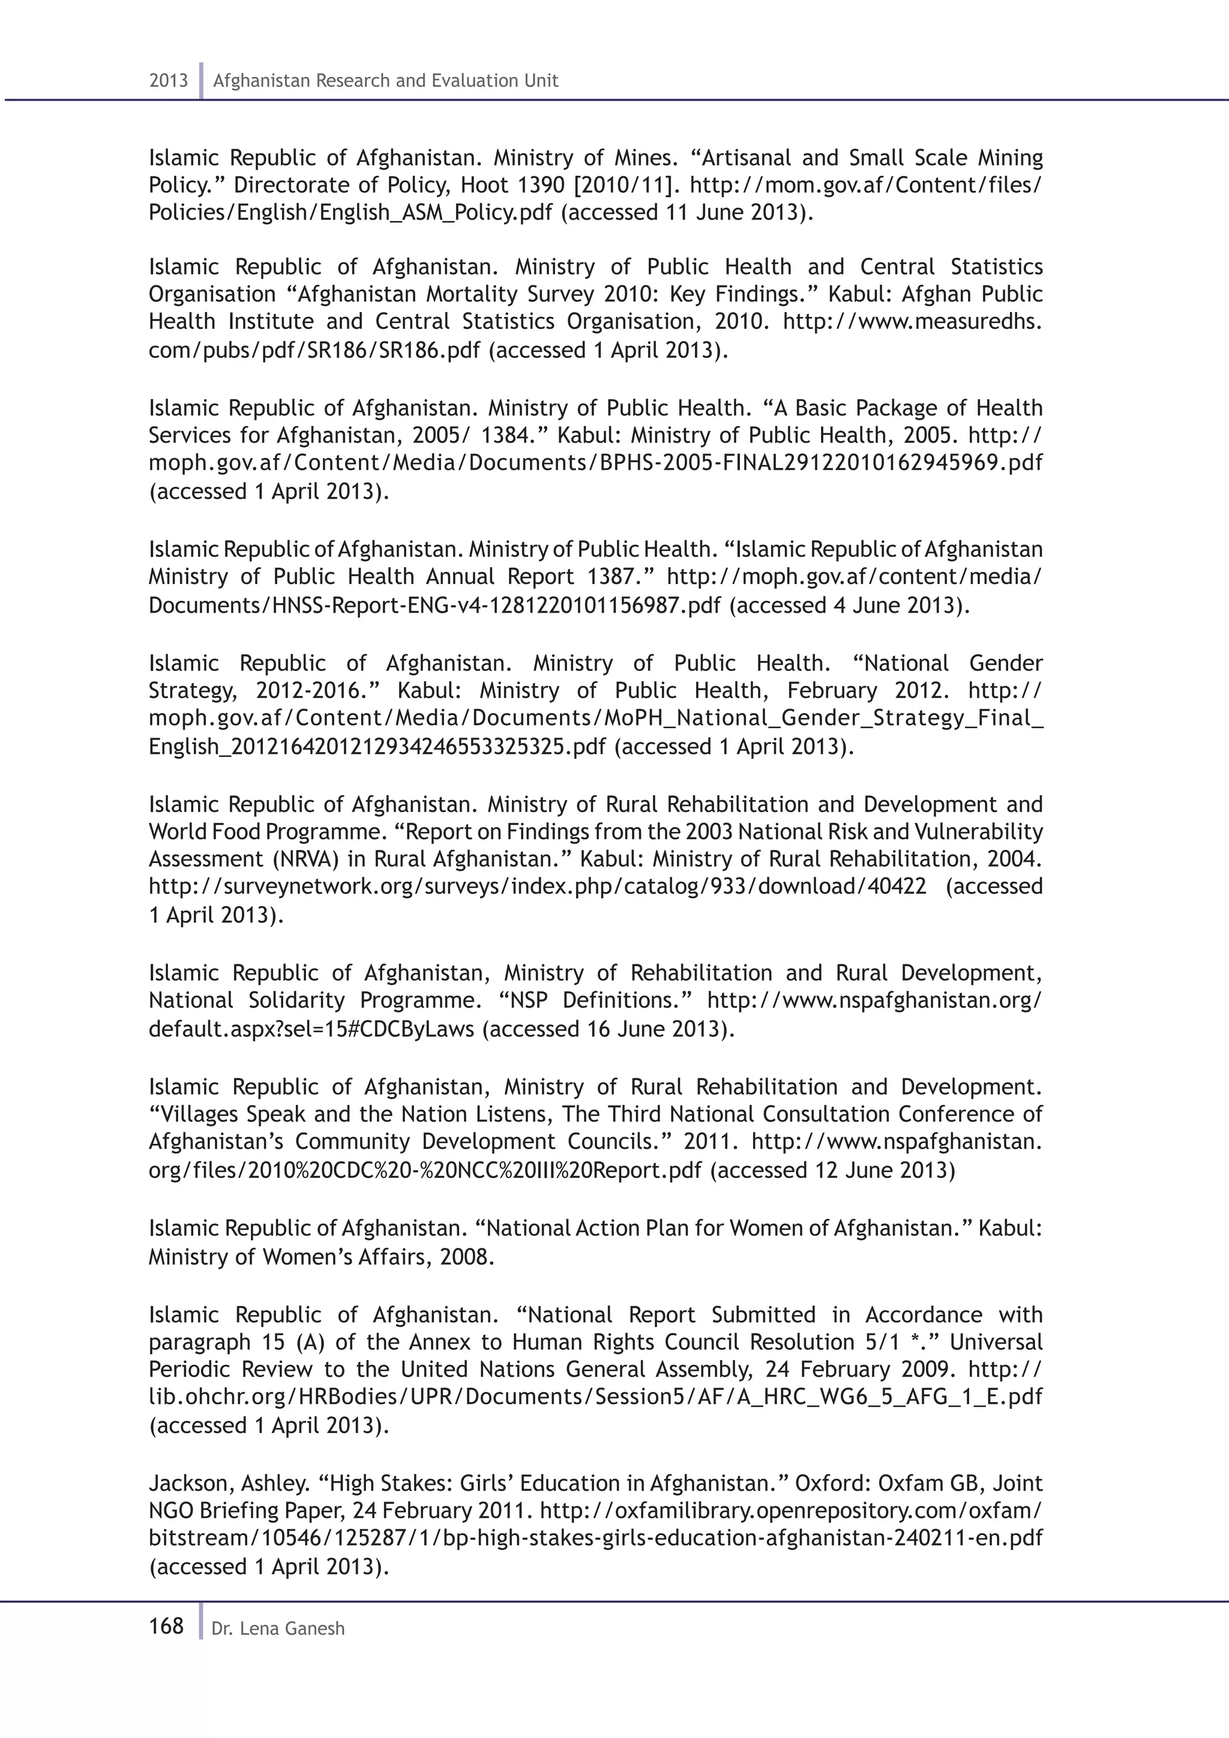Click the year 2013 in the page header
point(168,81)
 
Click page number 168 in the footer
point(166,1626)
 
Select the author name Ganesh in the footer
point(319,1629)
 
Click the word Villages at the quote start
point(197,1114)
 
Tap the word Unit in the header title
point(542,81)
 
